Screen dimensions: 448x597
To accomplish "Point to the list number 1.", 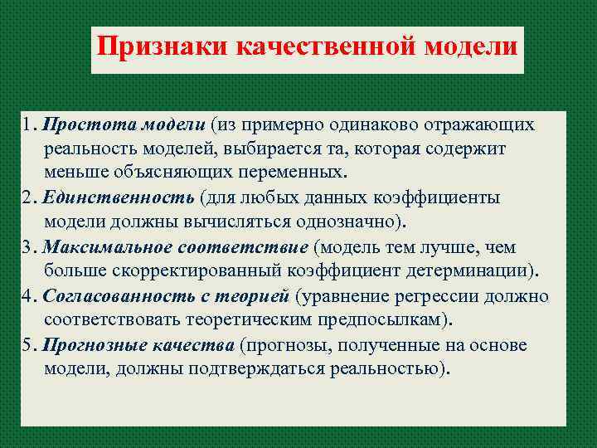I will click(27, 125).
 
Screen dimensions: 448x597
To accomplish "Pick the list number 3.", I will click(28, 247).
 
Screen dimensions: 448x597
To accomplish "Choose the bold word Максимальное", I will click(102, 247).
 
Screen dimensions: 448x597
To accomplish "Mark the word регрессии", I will click(449, 296).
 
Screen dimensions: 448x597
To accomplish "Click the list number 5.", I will click(28, 345).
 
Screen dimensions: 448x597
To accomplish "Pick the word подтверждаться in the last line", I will click(255, 369).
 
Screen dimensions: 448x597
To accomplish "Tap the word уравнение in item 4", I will click(340, 296).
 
